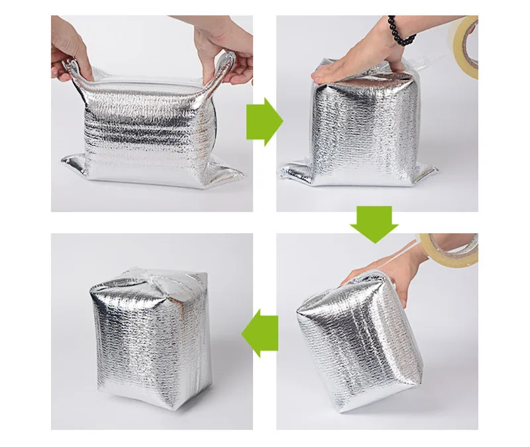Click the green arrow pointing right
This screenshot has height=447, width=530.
(x=264, y=121)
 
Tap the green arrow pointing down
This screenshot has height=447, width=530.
(x=373, y=223)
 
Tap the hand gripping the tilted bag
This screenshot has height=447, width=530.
(x=381, y=272)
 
